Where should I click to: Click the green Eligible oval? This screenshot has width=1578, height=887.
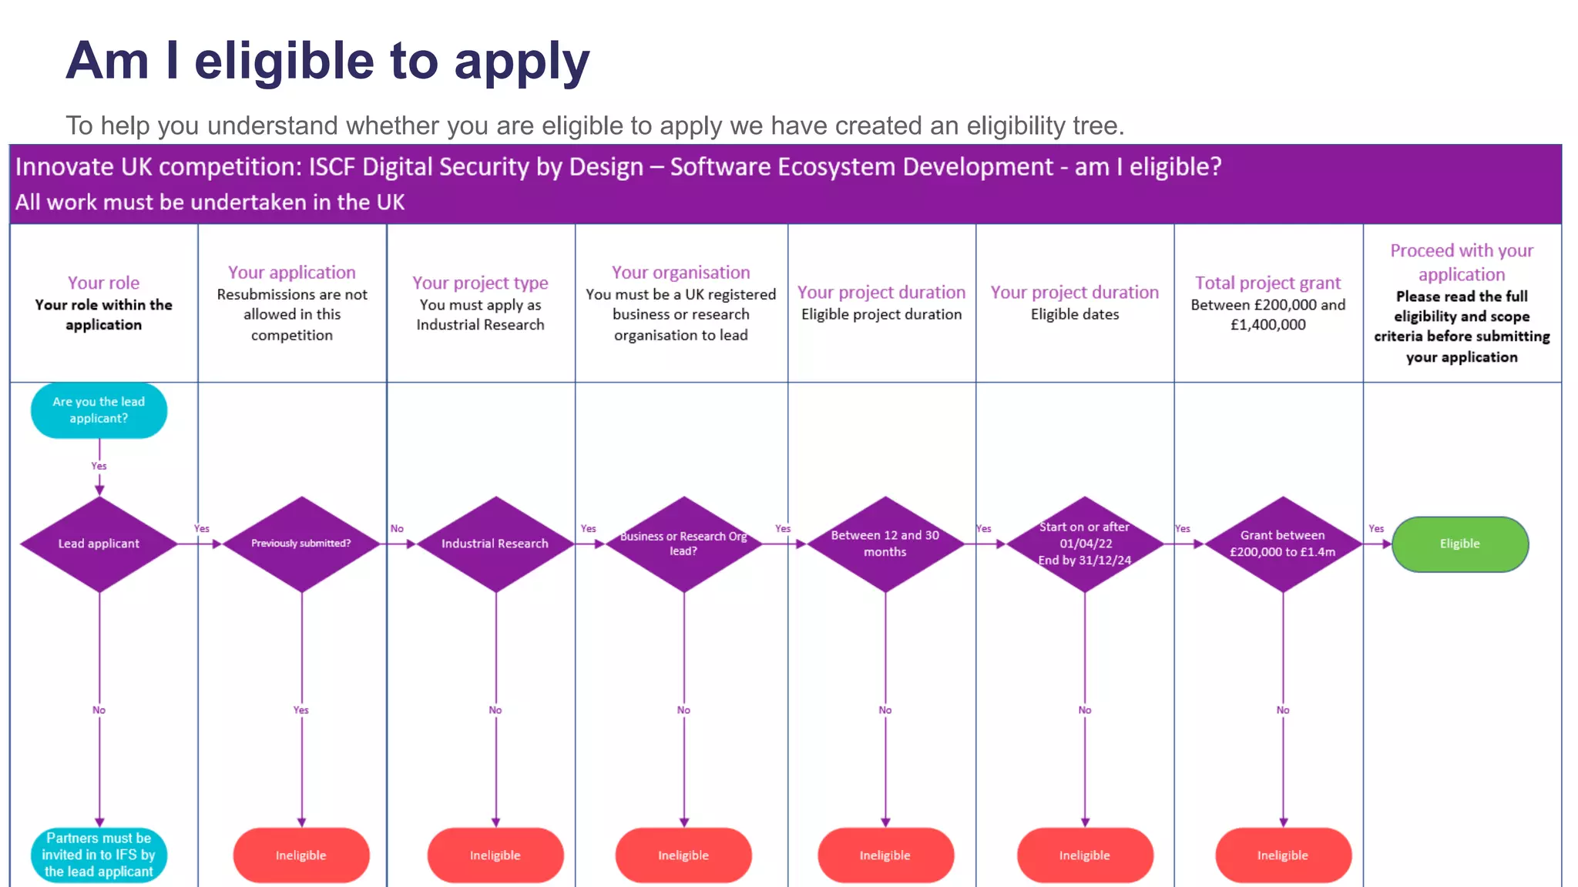(x=1459, y=544)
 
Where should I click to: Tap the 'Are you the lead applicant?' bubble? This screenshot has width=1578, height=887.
(x=99, y=410)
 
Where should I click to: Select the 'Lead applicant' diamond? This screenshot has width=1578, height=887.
(x=99, y=544)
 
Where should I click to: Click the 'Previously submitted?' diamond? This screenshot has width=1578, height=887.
(x=301, y=544)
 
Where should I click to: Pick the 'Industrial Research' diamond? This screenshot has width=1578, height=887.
(x=495, y=544)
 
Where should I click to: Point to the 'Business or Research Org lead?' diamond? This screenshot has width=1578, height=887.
(x=683, y=544)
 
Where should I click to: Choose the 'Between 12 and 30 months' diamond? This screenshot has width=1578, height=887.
(x=885, y=544)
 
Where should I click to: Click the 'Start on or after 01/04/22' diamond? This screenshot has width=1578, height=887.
(x=1085, y=544)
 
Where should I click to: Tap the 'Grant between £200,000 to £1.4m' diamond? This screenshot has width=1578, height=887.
(x=1283, y=544)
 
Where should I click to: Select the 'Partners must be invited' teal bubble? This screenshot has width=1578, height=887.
(x=99, y=855)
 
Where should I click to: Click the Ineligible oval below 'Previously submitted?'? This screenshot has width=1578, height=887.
(x=301, y=855)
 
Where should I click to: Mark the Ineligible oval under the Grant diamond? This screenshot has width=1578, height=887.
(x=1283, y=855)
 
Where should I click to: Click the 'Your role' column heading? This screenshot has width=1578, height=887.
(x=103, y=283)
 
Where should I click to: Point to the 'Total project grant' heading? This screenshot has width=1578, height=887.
(x=1267, y=283)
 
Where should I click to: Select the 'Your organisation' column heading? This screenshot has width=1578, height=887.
(x=680, y=273)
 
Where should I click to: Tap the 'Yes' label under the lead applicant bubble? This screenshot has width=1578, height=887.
(x=99, y=466)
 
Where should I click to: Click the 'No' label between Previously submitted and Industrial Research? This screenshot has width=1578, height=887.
(x=397, y=528)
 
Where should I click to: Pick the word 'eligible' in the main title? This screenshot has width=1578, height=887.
(x=284, y=62)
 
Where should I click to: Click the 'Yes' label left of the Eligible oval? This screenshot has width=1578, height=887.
(x=1376, y=528)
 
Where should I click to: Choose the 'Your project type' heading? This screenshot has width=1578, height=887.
(x=480, y=283)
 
